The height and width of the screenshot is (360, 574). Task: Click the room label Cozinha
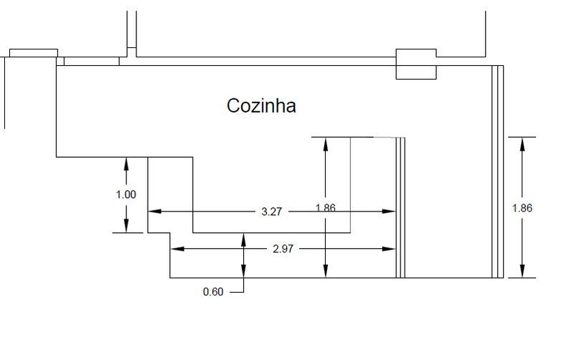(x=261, y=106)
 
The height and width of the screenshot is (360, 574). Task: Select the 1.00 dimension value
(x=126, y=194)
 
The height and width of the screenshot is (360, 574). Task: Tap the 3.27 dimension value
(x=271, y=212)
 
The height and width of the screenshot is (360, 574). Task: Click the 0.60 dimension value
(x=213, y=291)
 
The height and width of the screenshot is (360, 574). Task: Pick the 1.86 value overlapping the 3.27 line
(x=326, y=208)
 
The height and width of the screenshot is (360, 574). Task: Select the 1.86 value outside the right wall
(x=522, y=208)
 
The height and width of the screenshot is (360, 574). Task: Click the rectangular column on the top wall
(x=416, y=64)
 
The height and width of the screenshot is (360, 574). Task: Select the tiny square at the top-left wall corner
(x=60, y=61)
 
